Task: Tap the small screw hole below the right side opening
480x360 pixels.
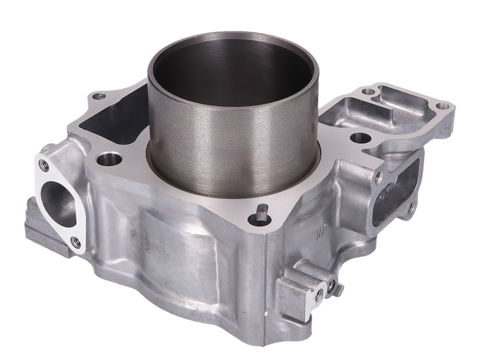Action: (410, 206)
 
